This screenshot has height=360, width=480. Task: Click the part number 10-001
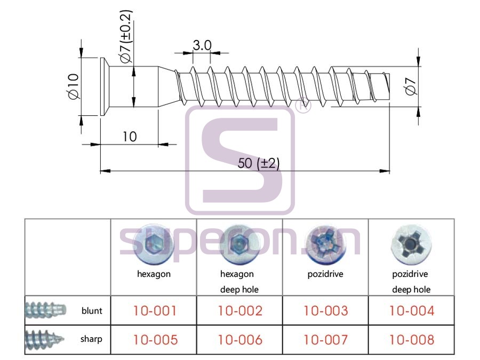tap(155, 311)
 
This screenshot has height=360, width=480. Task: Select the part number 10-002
tap(240, 311)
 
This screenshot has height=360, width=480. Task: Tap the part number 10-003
tap(326, 311)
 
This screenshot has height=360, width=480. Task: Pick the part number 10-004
tap(411, 311)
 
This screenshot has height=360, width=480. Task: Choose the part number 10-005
tap(155, 340)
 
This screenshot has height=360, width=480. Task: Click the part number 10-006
tap(240, 340)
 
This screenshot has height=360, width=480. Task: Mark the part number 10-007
tap(326, 340)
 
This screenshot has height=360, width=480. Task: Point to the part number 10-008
tap(411, 340)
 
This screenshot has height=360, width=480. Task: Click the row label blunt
tap(92, 311)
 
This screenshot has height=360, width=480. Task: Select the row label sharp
tap(91, 339)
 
